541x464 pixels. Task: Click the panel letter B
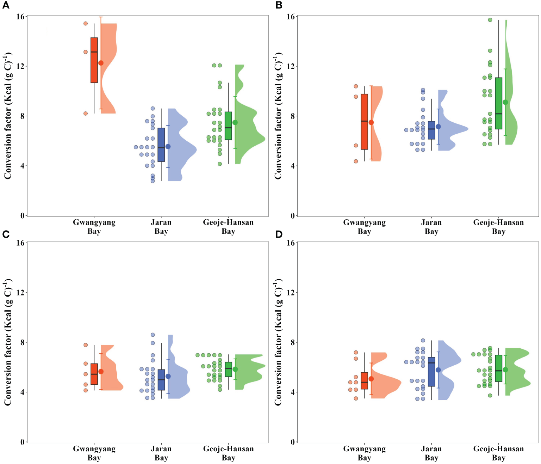coord(279,5)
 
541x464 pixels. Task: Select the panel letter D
coord(279,234)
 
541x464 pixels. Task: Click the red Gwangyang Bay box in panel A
coord(94,60)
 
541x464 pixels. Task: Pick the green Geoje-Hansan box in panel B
coord(498,103)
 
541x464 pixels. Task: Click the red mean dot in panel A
coord(101,63)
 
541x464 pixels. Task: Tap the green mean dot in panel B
coord(505,102)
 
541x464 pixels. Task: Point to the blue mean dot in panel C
coord(168,376)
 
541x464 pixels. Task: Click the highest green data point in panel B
coord(490,20)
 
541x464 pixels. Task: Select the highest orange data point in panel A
coord(86,24)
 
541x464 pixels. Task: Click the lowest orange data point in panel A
coord(86,113)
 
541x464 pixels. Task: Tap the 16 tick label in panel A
coord(20,17)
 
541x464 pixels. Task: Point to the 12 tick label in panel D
coord(291,293)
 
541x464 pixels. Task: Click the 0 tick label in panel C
coord(23,442)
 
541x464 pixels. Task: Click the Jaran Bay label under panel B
coord(431,227)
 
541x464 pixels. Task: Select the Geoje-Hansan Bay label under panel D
coord(498,453)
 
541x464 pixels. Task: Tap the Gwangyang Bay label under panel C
coord(94,453)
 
